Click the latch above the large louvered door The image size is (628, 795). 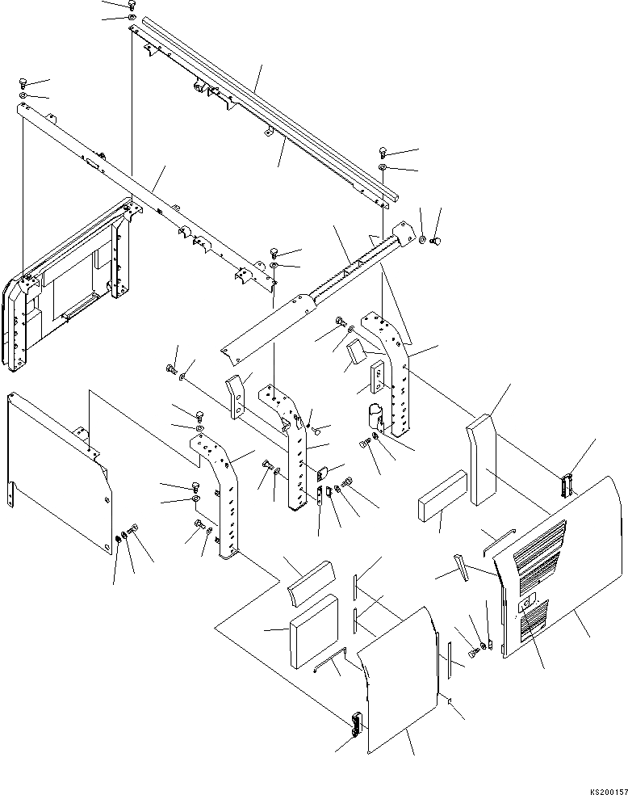(x=567, y=483)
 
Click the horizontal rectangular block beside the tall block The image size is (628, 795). (x=442, y=496)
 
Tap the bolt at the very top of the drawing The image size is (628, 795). (x=132, y=5)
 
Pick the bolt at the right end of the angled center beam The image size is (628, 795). (x=435, y=239)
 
